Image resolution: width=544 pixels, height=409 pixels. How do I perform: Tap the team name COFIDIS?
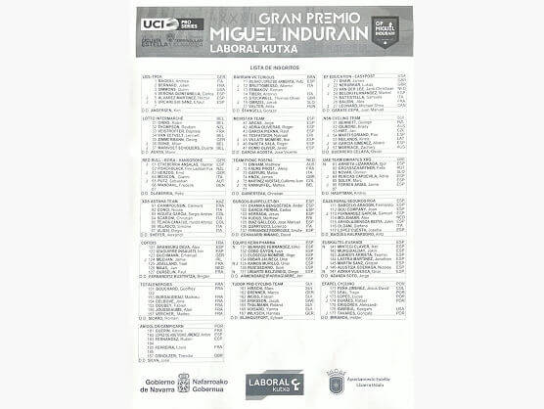151,241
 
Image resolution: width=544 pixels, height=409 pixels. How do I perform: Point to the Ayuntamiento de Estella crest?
336,376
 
